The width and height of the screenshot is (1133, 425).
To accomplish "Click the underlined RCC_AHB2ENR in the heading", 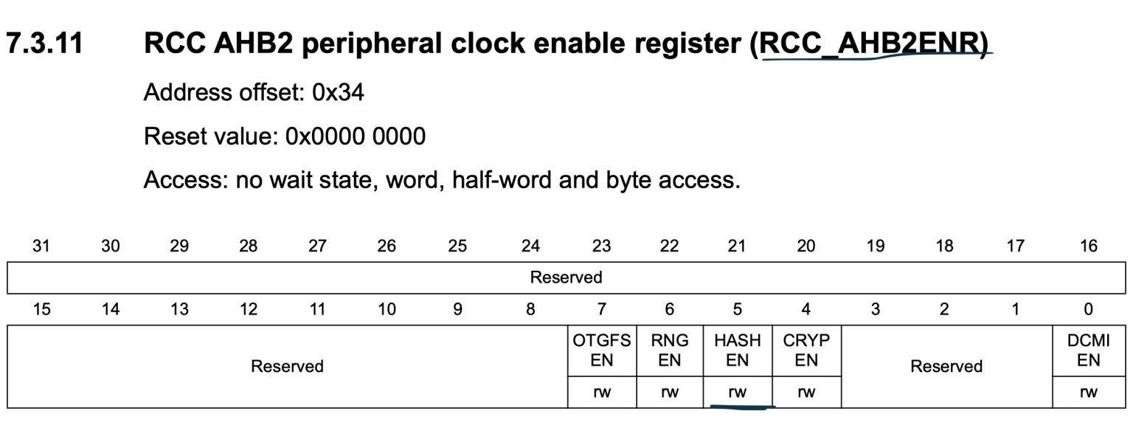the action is (x=873, y=45).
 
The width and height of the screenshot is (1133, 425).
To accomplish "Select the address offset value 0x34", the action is (x=338, y=93).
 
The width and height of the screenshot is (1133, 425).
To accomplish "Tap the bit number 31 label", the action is (x=41, y=246).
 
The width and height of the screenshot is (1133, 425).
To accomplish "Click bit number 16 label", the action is (x=1088, y=246).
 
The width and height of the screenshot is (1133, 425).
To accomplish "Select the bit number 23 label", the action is (x=601, y=246).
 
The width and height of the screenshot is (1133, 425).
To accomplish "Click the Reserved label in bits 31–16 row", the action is (x=566, y=277).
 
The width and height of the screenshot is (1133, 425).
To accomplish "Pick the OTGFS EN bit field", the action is (x=602, y=350).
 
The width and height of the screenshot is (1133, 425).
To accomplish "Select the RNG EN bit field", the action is (x=670, y=350).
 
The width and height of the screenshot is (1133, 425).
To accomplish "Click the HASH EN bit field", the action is (x=738, y=350).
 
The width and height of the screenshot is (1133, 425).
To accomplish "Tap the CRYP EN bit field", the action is (x=806, y=350).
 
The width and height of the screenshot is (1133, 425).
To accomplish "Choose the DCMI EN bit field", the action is (x=1089, y=350).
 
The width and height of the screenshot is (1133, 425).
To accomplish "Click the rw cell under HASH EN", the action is (x=738, y=393).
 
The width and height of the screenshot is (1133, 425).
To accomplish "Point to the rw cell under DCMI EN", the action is (x=1089, y=393).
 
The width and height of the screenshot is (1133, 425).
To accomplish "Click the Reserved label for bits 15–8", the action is (x=287, y=366).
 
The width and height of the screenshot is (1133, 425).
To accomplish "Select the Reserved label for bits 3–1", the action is (x=946, y=366).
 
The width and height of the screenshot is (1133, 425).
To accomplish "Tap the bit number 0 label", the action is (x=1089, y=309).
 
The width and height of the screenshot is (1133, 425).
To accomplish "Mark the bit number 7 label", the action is (x=601, y=309).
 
